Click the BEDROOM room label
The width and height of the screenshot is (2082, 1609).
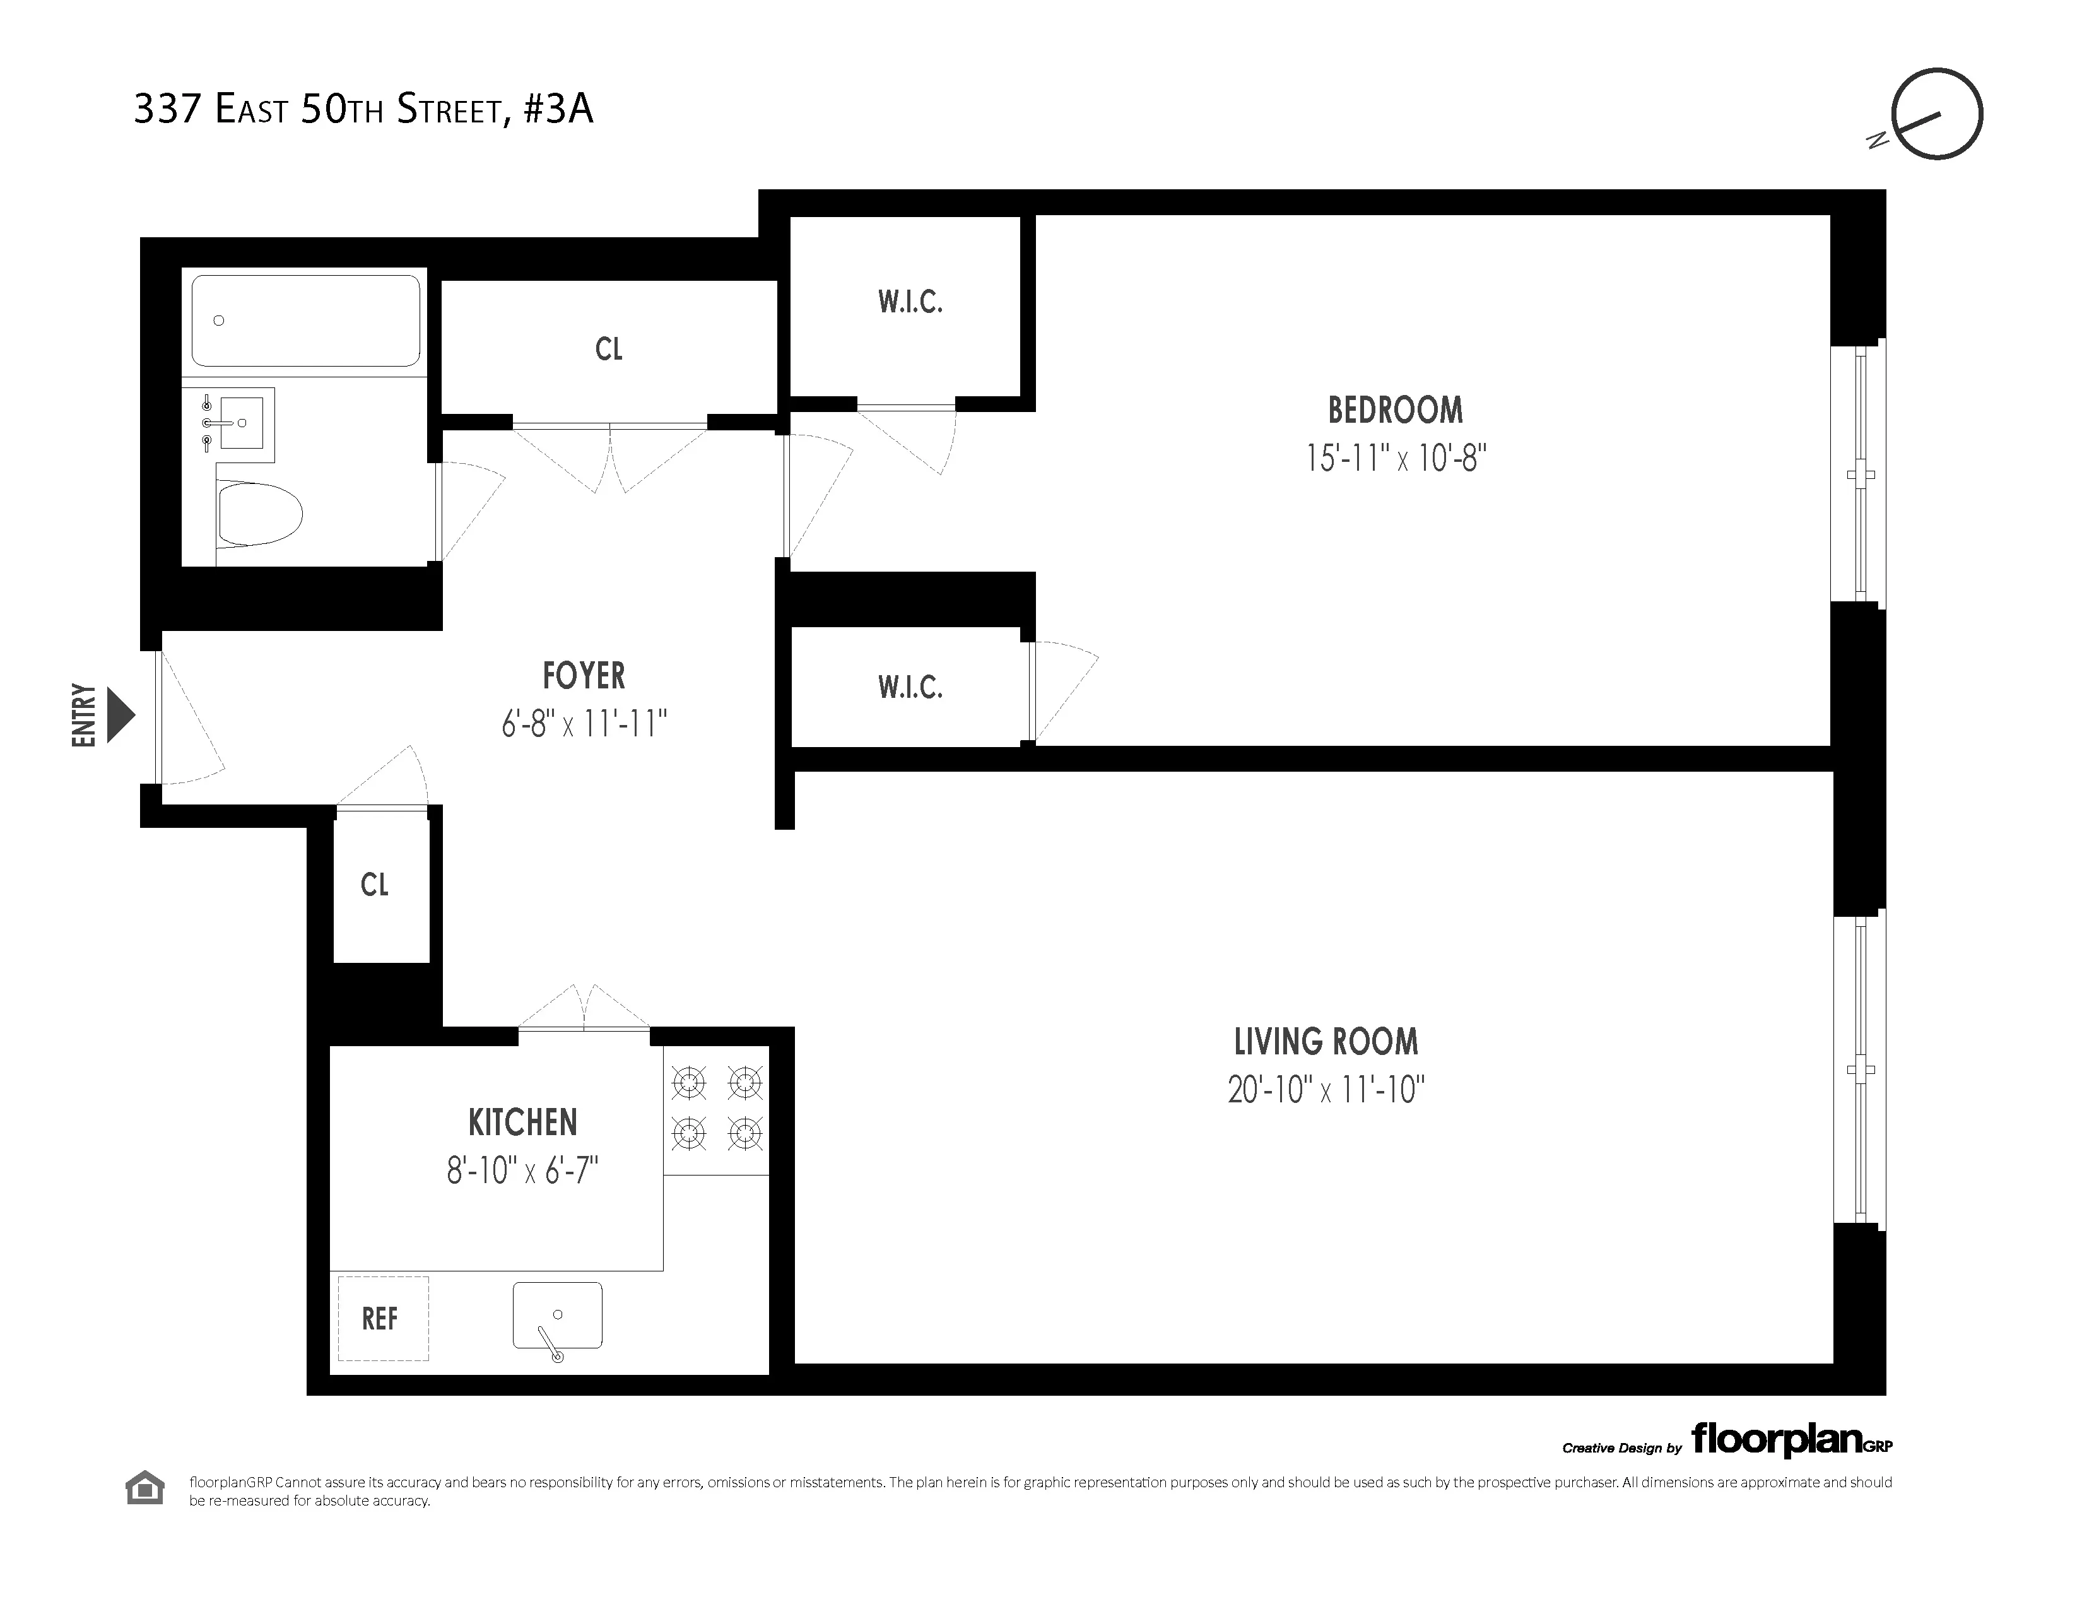click(1395, 411)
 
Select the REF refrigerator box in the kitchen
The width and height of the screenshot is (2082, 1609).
click(382, 1318)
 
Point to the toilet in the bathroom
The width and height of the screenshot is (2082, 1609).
click(257, 514)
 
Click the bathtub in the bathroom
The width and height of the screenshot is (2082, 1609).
click(305, 321)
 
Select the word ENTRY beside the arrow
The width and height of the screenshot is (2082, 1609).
click(84, 715)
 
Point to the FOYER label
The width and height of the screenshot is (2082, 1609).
click(584, 676)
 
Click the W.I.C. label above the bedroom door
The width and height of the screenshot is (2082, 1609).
click(910, 302)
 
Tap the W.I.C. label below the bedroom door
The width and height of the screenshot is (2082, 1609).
click(910, 687)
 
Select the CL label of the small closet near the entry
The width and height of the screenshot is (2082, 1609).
click(375, 885)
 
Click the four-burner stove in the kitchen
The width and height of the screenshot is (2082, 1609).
click(717, 1109)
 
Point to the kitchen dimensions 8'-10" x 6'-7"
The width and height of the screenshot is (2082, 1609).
click(522, 1170)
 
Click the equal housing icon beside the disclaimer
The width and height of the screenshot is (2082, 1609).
click(145, 1488)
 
